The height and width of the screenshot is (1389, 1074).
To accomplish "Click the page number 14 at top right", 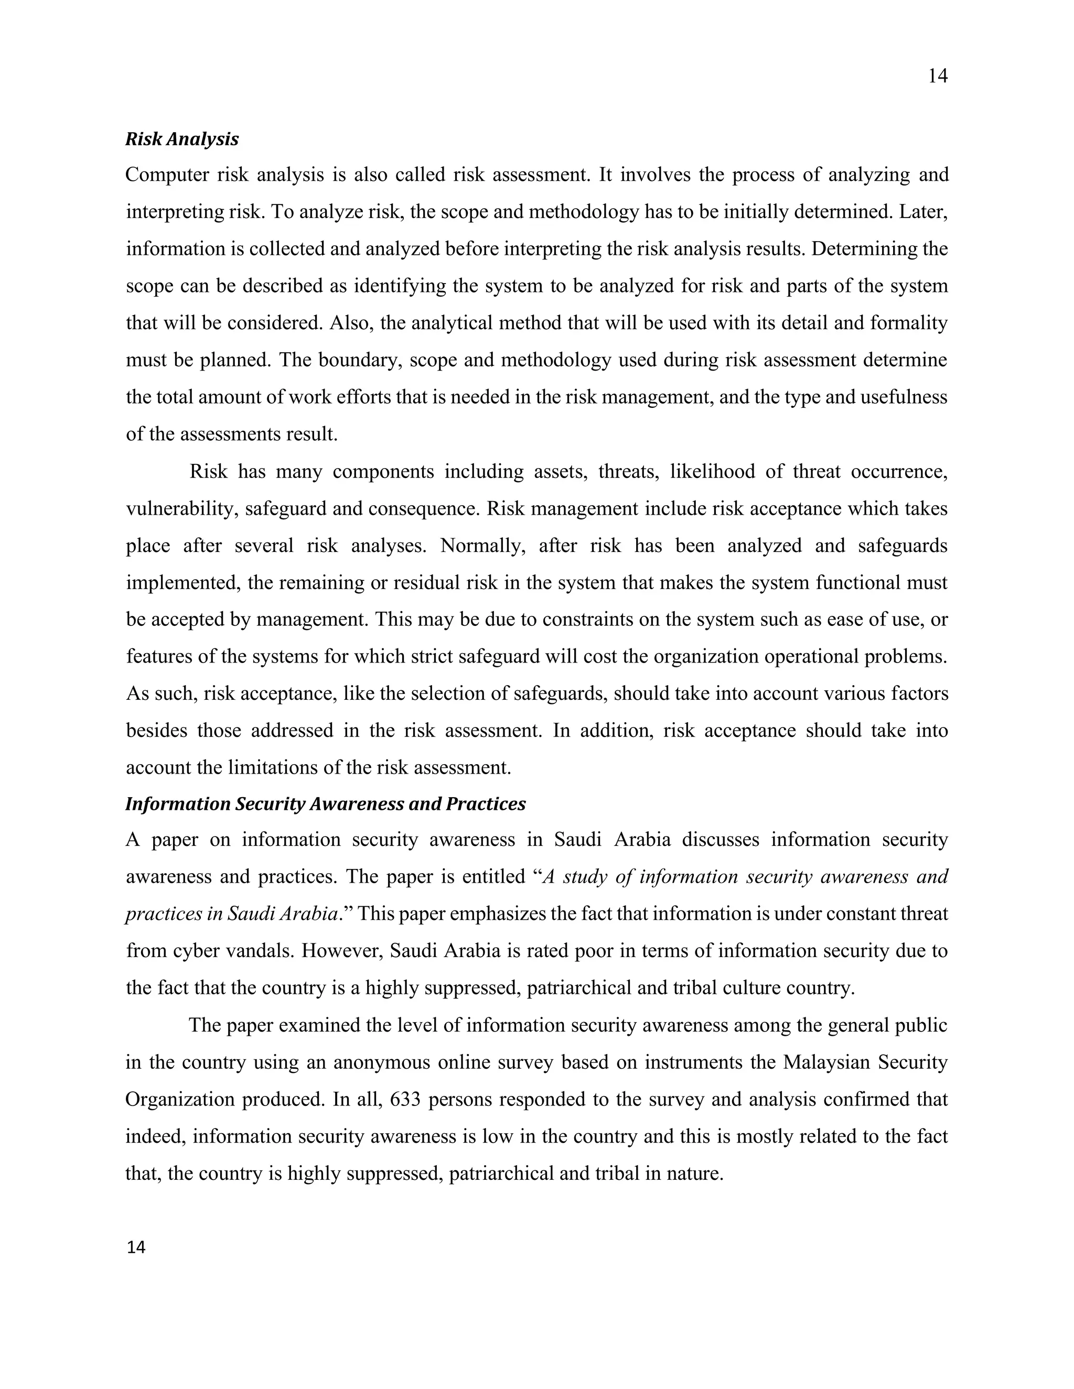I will click(x=937, y=77).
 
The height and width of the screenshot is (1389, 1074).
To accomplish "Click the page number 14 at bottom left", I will click(x=136, y=1248).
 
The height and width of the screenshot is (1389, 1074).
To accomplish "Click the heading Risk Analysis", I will click(x=182, y=139).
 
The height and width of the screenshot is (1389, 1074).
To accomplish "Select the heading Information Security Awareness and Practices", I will click(x=325, y=804).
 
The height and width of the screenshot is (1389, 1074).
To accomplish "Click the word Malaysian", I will click(x=828, y=1063).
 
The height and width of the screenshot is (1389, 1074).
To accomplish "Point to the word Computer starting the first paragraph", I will click(x=167, y=175).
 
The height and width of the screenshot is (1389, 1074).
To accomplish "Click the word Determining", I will click(x=862, y=248).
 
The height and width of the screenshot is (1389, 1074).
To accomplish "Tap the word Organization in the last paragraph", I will click(x=178, y=1100).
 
